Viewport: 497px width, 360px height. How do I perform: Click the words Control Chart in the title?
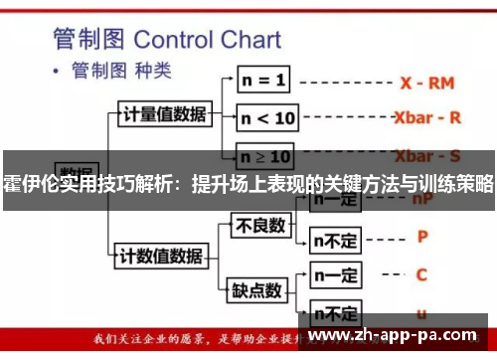[x=206, y=41]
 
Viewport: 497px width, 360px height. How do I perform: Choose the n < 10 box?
[x=267, y=118]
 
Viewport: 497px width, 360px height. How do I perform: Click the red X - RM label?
[x=427, y=84]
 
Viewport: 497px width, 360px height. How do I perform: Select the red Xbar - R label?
[x=427, y=117]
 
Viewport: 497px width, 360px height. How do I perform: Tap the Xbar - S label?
[x=427, y=155]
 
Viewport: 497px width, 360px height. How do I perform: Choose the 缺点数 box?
[x=256, y=290]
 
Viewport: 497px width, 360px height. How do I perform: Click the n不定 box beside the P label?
[x=336, y=239]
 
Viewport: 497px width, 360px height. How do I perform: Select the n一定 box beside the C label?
[x=334, y=274]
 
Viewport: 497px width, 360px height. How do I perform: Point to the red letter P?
[x=422, y=238]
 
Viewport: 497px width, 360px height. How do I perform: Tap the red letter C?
[x=421, y=274]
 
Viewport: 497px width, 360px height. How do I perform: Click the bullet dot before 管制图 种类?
[x=56, y=73]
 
